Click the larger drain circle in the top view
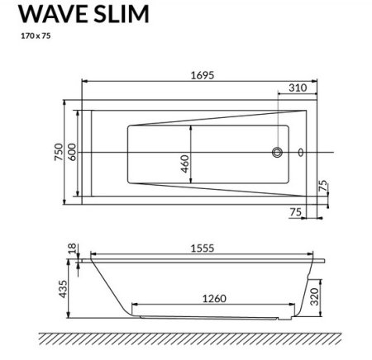pos(278,152)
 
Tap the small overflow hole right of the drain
pos(300,152)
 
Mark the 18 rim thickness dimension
pos(73,249)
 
